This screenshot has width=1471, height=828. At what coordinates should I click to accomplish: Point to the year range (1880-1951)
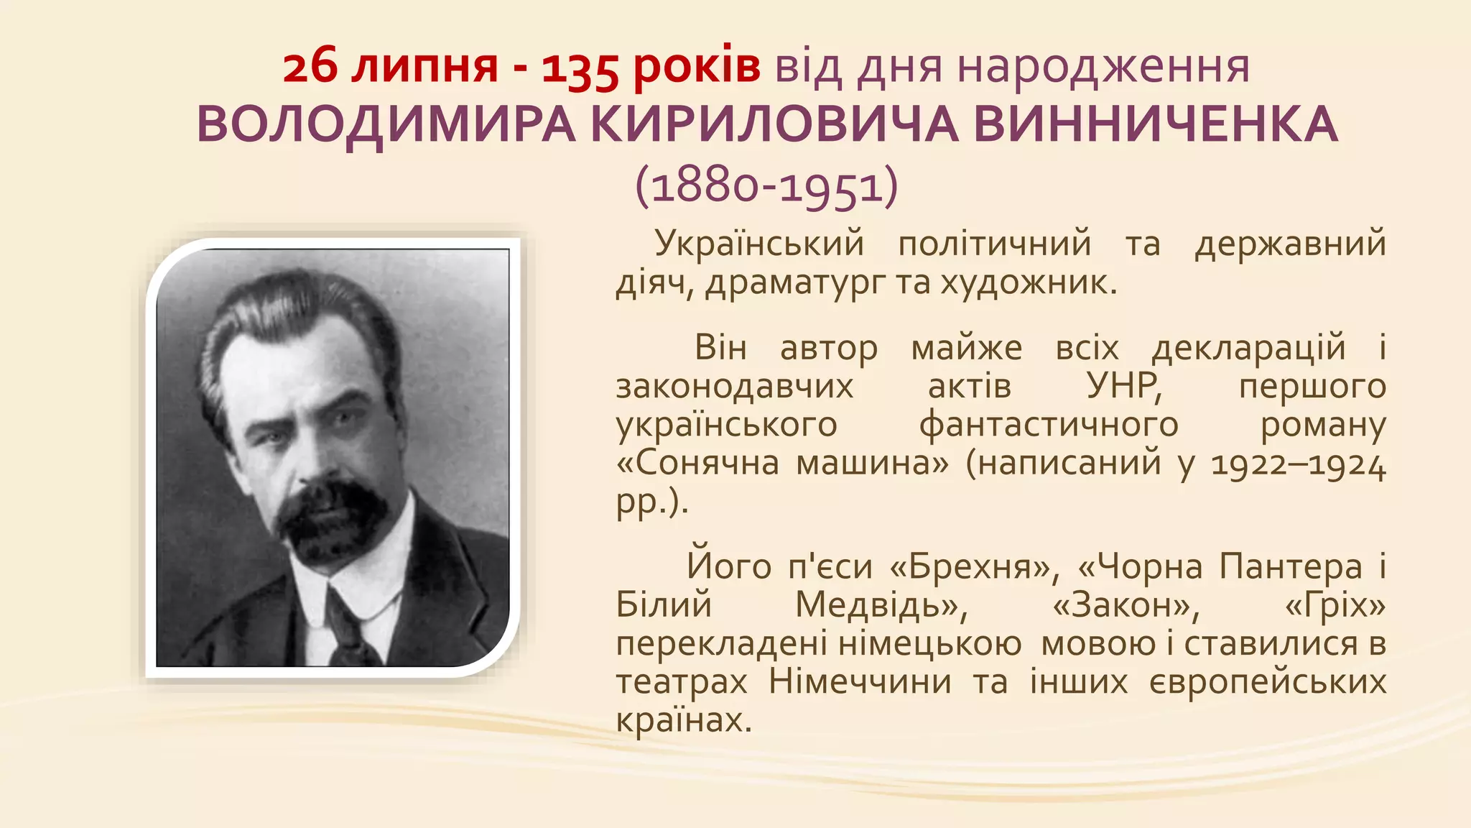[766, 186]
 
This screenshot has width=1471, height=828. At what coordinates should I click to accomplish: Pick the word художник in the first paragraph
[1029, 283]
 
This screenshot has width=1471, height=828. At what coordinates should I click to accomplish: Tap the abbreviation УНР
[1124, 386]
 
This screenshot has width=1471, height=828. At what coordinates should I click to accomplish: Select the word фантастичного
[1048, 424]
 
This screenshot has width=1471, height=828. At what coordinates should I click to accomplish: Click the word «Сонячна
[697, 462]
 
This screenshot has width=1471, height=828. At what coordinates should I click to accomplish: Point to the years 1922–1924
[1298, 464]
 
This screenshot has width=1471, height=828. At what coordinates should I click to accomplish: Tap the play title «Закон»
[1126, 605]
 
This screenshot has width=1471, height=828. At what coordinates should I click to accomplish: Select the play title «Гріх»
[1335, 605]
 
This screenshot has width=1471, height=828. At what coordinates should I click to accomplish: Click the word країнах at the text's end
[683, 719]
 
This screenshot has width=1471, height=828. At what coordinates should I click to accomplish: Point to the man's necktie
[348, 625]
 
